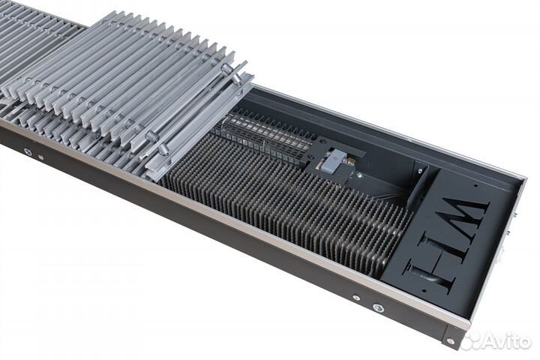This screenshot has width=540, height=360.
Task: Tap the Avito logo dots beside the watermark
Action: (x=471, y=341)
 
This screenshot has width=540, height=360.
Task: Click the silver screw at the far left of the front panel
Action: (x=27, y=152)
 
